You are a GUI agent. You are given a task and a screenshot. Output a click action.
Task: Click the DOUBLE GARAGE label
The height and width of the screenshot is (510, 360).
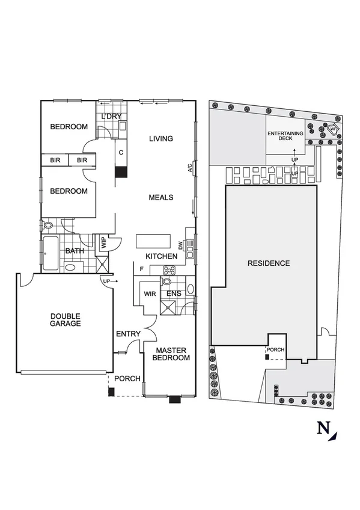point(66,319)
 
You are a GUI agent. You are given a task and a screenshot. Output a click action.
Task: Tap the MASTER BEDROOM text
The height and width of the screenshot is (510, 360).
point(172,354)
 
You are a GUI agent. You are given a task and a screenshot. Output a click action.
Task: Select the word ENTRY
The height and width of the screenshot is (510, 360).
point(128,334)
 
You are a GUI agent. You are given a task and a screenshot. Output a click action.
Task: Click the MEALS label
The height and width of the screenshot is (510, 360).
point(161,197)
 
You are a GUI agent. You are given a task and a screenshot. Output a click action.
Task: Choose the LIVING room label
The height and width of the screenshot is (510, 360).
point(161,139)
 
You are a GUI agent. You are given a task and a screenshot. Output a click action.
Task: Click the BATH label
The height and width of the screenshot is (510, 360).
point(75,251)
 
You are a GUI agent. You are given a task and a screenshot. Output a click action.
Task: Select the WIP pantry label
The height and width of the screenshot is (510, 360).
point(103,244)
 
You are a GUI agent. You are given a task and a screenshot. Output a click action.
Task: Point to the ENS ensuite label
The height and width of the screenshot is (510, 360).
point(174,293)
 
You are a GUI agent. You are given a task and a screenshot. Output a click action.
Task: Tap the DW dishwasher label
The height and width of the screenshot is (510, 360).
point(181,245)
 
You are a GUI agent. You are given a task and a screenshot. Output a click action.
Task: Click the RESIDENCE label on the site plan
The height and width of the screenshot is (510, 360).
point(269,263)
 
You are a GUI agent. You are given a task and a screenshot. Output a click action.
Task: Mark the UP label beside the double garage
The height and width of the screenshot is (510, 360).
point(107,281)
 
